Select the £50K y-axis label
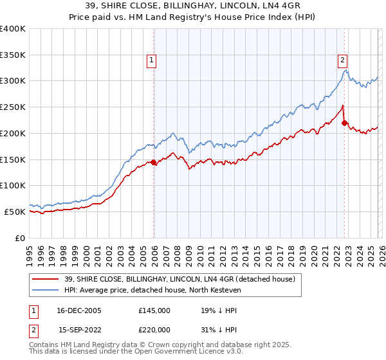[15, 212]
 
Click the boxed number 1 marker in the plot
[151, 61]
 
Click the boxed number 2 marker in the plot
[342, 61]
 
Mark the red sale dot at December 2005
[154, 162]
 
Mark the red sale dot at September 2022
[344, 123]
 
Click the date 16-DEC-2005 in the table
[79, 310]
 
